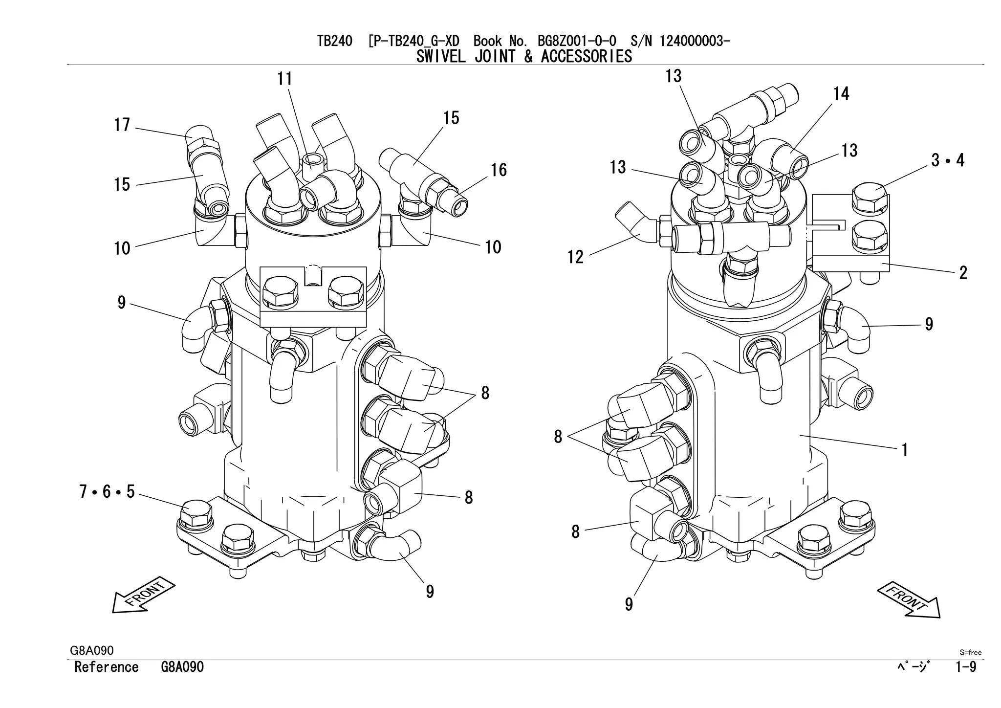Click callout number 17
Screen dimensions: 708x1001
tap(122, 125)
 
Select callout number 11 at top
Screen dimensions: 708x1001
tap(285, 79)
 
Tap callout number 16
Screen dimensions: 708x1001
tap(499, 170)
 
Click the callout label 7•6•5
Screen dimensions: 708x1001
tap(107, 492)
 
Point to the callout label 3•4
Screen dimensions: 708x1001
tap(948, 160)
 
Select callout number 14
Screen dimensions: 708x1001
tap(841, 94)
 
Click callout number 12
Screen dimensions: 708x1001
tap(575, 257)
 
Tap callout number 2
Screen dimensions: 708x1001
tap(963, 273)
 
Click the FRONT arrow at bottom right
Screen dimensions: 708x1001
tap(909, 600)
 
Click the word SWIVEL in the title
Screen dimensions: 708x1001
tap(441, 57)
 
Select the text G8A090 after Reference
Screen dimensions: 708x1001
tap(182, 667)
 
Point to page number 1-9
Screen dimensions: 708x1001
tap(966, 667)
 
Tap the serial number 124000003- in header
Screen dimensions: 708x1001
tap(695, 41)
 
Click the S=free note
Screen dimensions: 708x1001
tap(970, 652)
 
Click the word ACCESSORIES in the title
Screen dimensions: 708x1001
tap(586, 57)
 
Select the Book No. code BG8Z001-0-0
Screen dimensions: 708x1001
tap(577, 41)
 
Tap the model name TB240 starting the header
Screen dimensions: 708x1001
tap(334, 41)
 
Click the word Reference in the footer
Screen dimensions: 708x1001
tap(107, 667)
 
